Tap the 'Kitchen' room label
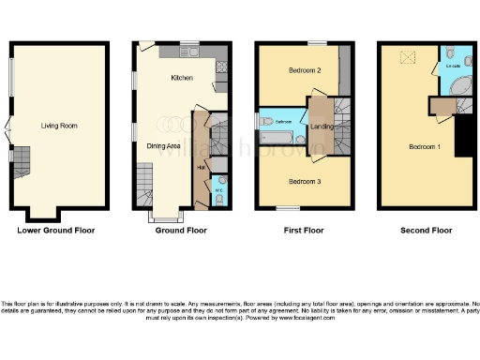[x=182, y=78]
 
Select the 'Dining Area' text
[x=164, y=145]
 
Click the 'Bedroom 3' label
[x=306, y=180]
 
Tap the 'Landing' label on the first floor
[x=322, y=126]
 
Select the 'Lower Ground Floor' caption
[x=56, y=230]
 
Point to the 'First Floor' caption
[x=306, y=230]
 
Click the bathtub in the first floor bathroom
[x=278, y=137]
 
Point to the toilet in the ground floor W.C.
[x=219, y=182]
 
